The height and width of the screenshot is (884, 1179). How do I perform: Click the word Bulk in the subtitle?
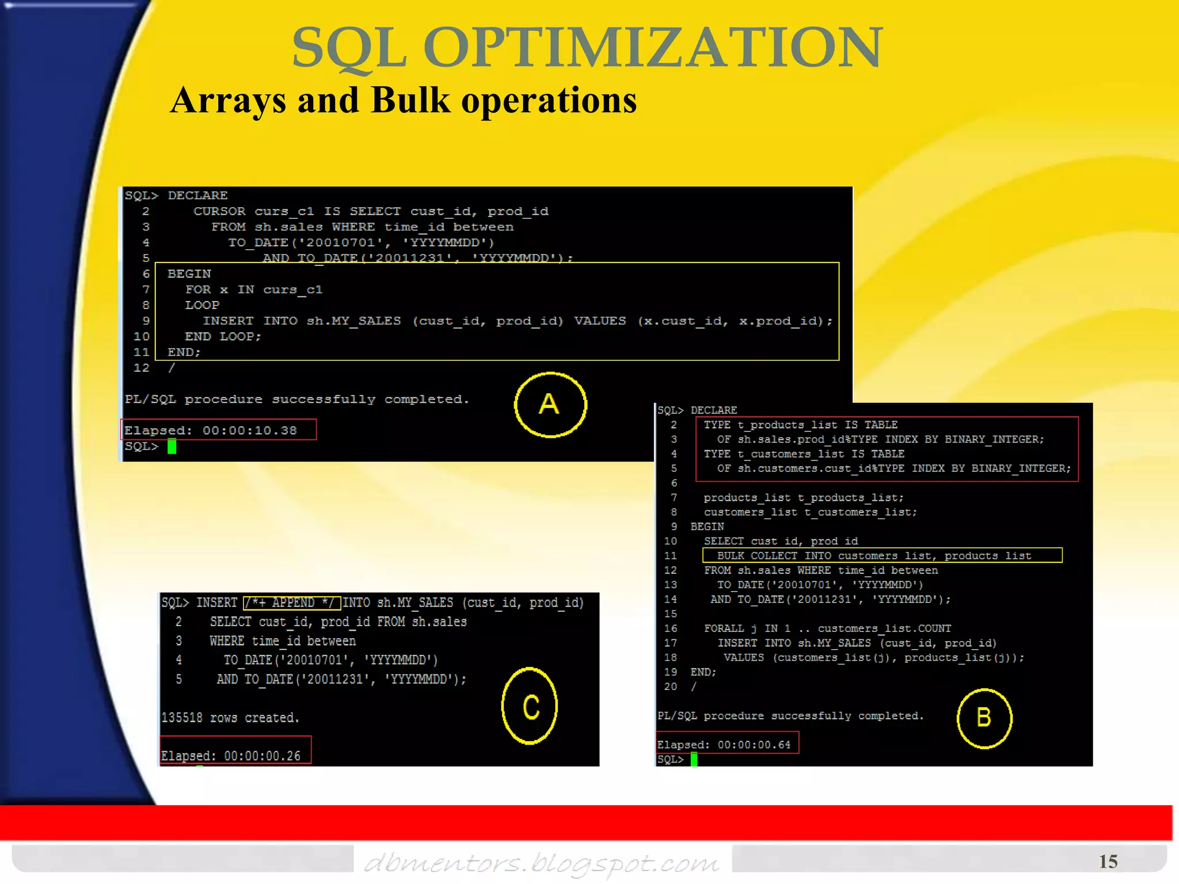pyautogui.click(x=410, y=101)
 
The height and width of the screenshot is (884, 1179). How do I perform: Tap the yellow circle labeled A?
pyautogui.click(x=550, y=405)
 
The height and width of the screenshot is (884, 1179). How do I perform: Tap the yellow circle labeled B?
pyautogui.click(x=984, y=718)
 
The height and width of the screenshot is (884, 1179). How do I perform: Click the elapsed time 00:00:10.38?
pyautogui.click(x=249, y=430)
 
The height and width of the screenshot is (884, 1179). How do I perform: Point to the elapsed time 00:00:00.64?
pyautogui.click(x=754, y=745)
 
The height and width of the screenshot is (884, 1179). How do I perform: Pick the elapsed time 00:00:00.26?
pyautogui.click(x=262, y=756)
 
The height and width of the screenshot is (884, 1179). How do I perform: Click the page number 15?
pyautogui.click(x=1108, y=861)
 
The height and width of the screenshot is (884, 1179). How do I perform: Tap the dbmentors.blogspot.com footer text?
pyautogui.click(x=542, y=863)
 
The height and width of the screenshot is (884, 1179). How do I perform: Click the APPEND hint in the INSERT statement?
pyautogui.click(x=293, y=603)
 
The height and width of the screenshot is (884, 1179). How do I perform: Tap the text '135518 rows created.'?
pyautogui.click(x=230, y=718)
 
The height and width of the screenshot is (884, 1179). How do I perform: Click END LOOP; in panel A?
pyautogui.click(x=223, y=337)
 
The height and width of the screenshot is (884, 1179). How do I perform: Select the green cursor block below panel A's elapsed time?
pyautogui.click(x=172, y=447)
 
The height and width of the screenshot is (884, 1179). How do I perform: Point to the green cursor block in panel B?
pyautogui.click(x=694, y=760)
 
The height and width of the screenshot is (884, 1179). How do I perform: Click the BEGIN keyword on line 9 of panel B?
pyautogui.click(x=707, y=527)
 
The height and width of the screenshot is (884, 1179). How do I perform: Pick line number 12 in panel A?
pyautogui.click(x=142, y=368)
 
